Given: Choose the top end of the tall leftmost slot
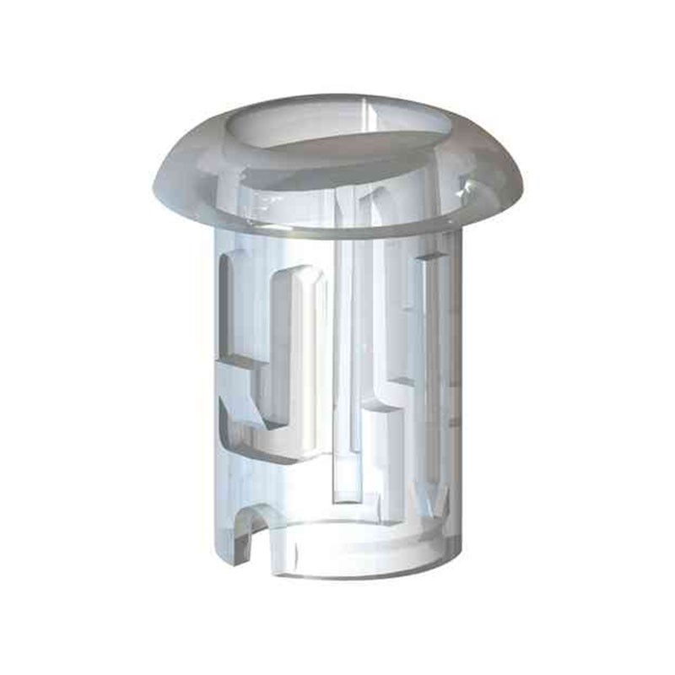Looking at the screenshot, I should [x=229, y=258].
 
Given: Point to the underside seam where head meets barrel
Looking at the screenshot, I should [x=337, y=232].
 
